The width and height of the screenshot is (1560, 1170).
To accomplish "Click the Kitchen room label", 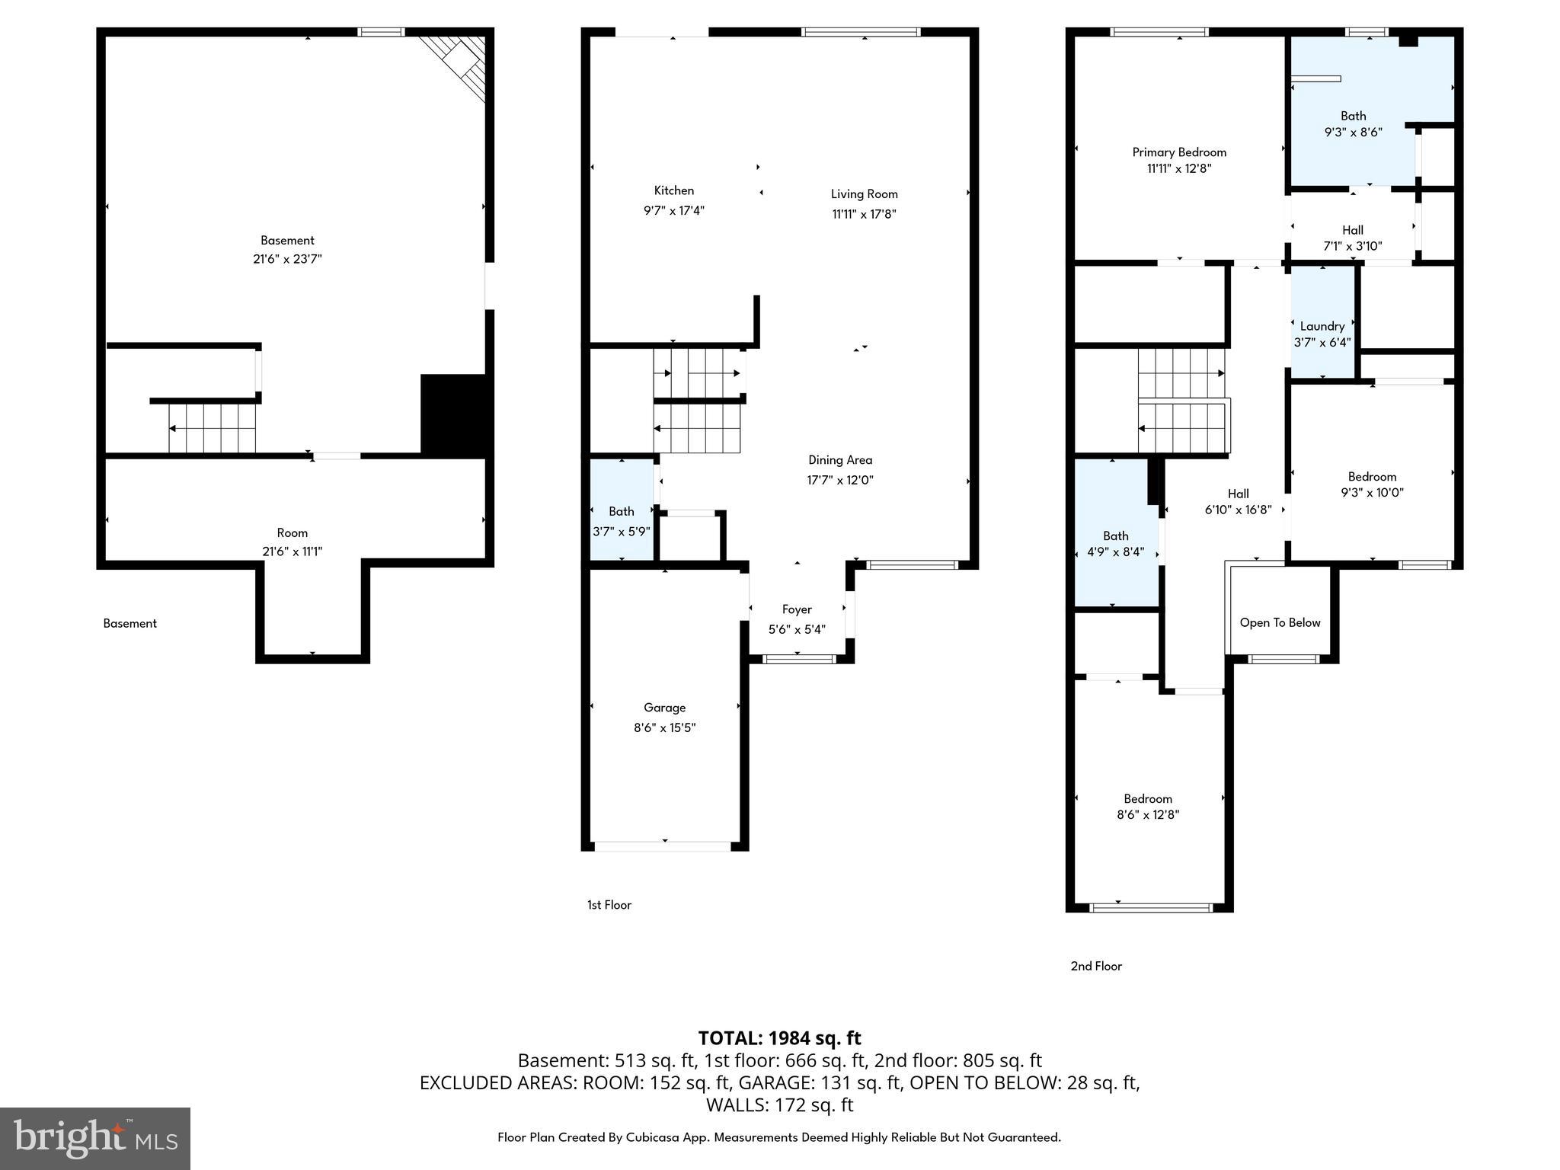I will click(x=673, y=190).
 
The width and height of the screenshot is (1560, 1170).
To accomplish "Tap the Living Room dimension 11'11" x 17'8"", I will click(x=864, y=214).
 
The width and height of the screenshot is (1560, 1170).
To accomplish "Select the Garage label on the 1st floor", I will click(x=664, y=708).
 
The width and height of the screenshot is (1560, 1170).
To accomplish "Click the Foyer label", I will click(x=797, y=609).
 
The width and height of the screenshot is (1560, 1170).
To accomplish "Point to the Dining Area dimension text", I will click(x=839, y=480).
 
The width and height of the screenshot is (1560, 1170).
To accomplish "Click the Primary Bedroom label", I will click(x=1178, y=152).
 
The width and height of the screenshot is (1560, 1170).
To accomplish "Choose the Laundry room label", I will click(x=1322, y=326).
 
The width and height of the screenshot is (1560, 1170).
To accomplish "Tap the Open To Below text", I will click(x=1280, y=622).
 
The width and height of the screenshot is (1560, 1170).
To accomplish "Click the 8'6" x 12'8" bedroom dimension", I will click(x=1147, y=814).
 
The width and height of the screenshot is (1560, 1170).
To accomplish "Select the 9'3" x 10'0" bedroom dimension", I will click(x=1372, y=492).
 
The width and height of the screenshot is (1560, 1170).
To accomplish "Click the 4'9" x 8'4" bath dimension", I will click(x=1115, y=551).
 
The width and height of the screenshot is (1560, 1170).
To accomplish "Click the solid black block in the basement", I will click(x=453, y=414).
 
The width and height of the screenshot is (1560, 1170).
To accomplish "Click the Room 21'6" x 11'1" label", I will click(x=292, y=542).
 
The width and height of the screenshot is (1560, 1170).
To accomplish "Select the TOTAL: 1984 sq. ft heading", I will click(x=779, y=1037).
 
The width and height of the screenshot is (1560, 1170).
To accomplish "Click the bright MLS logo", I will click(x=95, y=1139).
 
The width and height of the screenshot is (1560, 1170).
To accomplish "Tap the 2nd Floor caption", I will click(x=1096, y=966).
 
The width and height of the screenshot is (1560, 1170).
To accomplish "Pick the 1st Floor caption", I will click(x=609, y=905).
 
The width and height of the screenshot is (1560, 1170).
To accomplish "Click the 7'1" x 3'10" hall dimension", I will click(x=1352, y=246).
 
